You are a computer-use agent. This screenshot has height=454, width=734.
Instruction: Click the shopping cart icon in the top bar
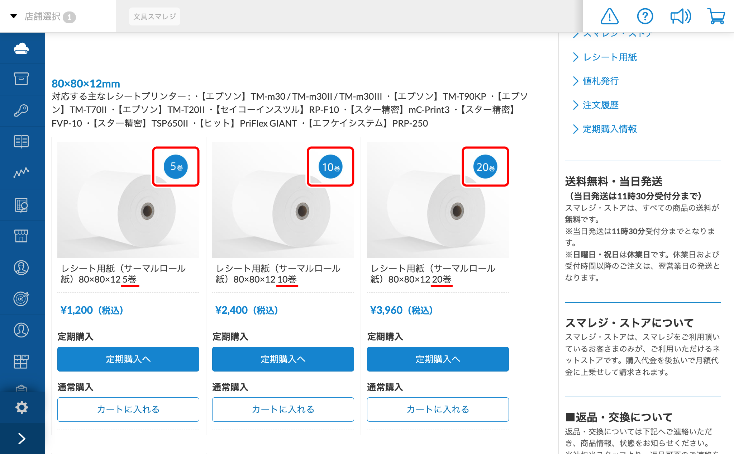coord(716,16)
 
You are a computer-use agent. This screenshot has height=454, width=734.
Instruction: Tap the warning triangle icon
coord(609,16)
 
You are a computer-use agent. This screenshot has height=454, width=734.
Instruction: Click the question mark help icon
coord(645,16)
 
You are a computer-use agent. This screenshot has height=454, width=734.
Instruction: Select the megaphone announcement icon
coord(680,16)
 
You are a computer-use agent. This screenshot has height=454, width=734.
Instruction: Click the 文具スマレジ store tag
coord(154,16)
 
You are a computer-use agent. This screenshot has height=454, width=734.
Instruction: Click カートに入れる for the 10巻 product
coord(283,409)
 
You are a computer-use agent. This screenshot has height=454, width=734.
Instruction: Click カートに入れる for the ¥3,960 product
coord(438,409)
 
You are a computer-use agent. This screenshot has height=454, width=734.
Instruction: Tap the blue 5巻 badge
coord(176,167)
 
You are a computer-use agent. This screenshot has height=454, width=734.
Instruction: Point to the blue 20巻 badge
coord(485,167)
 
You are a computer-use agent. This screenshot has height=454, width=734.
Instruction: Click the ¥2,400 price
coord(246,310)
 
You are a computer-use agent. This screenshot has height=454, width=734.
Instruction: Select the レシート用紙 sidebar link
coord(610,57)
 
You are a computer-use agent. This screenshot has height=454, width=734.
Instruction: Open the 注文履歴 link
coord(601,105)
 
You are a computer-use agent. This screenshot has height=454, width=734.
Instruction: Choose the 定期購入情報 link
coord(610,129)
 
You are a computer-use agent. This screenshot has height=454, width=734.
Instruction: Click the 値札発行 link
coord(601,81)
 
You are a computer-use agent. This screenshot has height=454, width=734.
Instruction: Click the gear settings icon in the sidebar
coord(22,407)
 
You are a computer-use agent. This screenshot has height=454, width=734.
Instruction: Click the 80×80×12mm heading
coord(86,84)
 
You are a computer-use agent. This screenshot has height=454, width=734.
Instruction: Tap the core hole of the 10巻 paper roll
coord(302,211)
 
